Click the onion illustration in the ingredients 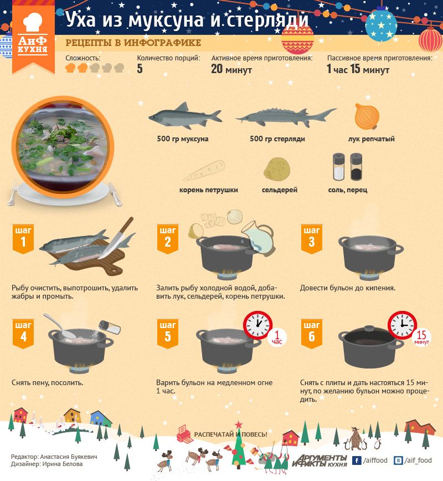pos(367,116)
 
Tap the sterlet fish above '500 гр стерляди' pos(286,117)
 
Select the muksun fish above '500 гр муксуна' pos(185,116)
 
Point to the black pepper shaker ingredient pos(356,167)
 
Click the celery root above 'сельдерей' pos(276,169)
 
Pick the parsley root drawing pos(204,171)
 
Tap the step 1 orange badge pos(23,239)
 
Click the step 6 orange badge pos(311,334)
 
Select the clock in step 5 pos(258,325)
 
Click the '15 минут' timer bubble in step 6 pos(421,337)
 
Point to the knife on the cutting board pos(116,238)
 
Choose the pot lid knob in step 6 pos(369,328)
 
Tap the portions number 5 pos(140,68)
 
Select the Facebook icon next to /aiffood pos(356,460)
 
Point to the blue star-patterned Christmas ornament pos(381,24)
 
